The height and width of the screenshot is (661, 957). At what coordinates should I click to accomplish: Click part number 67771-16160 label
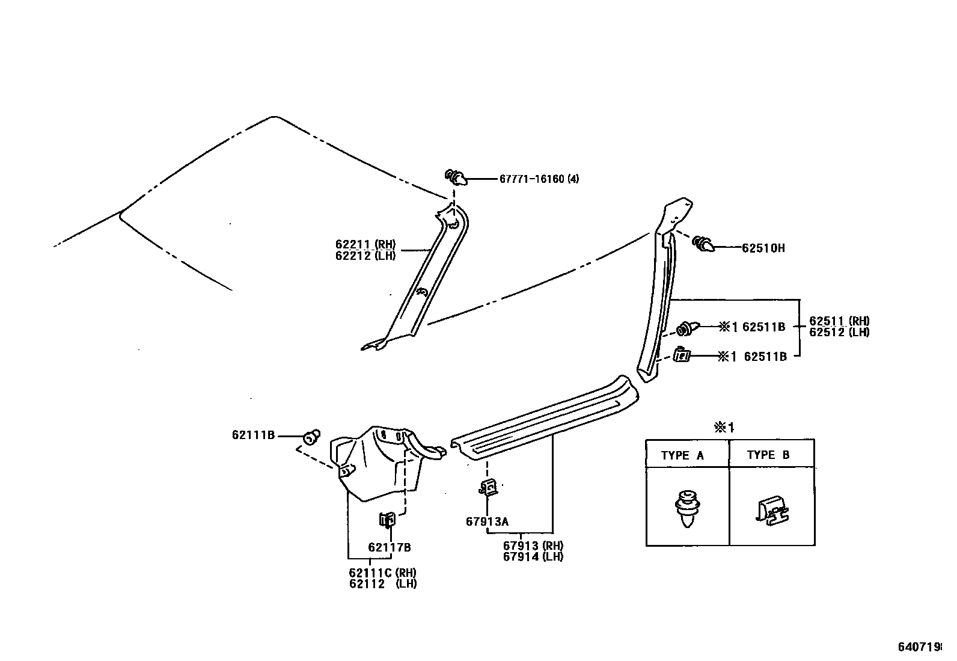(x=539, y=179)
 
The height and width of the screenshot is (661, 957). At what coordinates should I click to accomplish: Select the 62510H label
(x=763, y=248)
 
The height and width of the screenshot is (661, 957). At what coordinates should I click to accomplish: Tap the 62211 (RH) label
(x=365, y=245)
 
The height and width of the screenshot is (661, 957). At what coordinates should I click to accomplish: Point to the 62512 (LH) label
(x=839, y=332)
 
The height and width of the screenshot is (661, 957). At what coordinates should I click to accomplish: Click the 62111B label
(x=253, y=435)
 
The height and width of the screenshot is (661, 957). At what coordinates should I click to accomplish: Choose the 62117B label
(x=389, y=547)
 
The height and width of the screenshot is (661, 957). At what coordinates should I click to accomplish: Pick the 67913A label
(x=487, y=521)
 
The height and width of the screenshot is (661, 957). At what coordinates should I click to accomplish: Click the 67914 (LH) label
(x=533, y=556)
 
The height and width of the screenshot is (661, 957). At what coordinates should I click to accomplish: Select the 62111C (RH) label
(x=382, y=573)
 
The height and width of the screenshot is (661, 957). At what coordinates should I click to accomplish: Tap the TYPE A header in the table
(x=682, y=455)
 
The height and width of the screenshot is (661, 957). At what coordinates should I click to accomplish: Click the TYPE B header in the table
(x=768, y=455)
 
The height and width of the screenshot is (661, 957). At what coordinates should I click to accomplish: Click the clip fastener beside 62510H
(x=703, y=244)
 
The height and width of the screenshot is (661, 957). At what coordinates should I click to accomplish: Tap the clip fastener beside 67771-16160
(x=456, y=177)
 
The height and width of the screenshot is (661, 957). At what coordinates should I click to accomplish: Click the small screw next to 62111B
(x=311, y=435)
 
